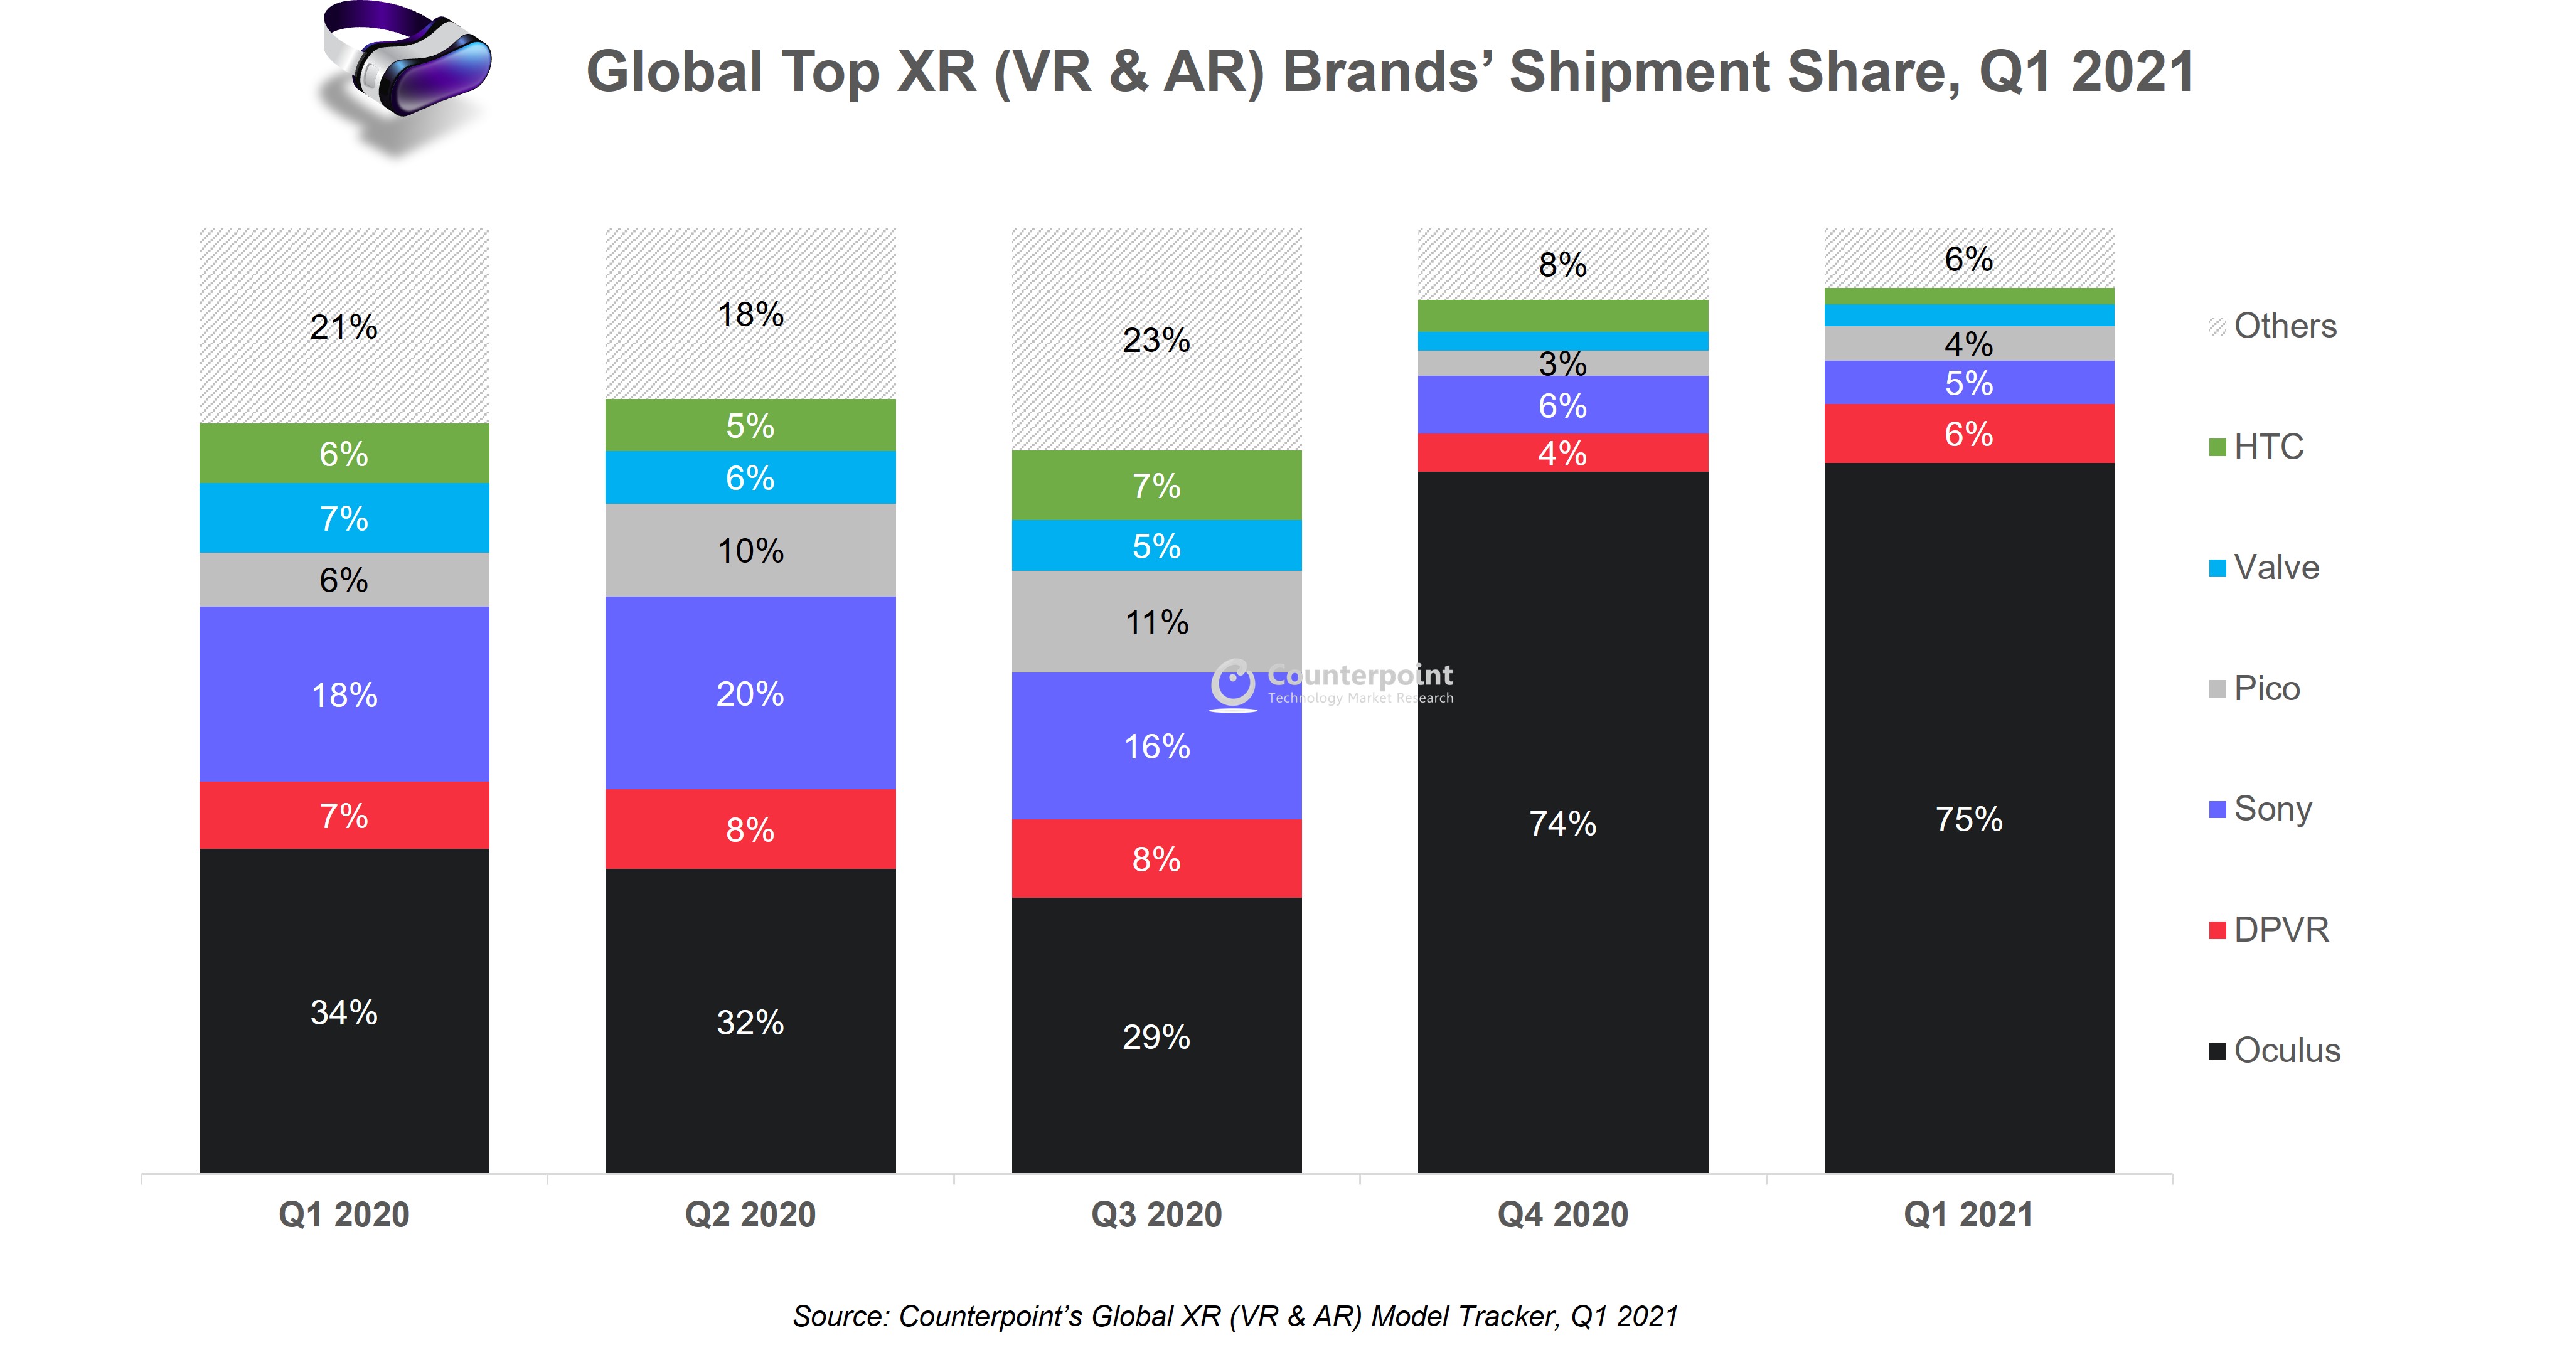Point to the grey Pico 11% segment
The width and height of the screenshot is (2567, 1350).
coord(1156,622)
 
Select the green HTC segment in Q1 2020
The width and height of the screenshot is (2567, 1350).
coord(344,454)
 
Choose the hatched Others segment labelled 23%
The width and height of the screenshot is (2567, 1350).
coord(1156,340)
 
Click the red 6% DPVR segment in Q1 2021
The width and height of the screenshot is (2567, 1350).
coord(1968,433)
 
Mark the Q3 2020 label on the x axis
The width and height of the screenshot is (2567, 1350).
coord(1156,1214)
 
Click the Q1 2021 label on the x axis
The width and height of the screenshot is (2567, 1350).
coord(1968,1214)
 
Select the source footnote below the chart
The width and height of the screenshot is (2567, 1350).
coord(1235,1316)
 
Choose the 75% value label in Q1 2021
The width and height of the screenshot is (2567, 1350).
coord(1968,819)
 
